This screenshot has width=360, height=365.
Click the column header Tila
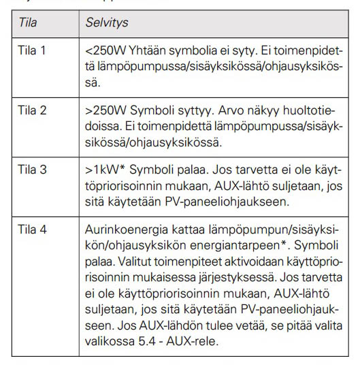28,22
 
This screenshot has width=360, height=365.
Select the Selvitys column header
107,22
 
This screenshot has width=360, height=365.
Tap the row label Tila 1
32,51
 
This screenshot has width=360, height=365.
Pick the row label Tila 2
33,110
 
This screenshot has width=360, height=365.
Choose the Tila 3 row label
33,168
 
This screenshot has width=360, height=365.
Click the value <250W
103,51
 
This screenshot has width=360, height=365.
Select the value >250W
103,110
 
